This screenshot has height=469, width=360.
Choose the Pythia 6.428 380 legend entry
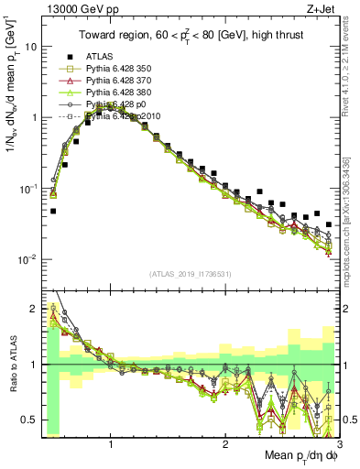(116, 93)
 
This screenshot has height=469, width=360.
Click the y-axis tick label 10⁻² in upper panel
(27, 259)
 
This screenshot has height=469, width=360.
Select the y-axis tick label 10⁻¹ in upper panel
(27, 189)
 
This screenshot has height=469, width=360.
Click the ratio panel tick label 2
(33, 309)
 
